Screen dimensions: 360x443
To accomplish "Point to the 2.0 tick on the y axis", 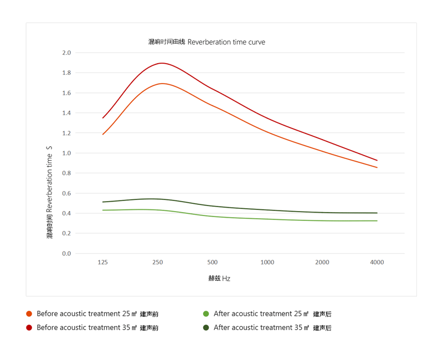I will (x=66, y=53).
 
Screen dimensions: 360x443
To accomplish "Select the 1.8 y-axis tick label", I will (x=66, y=73).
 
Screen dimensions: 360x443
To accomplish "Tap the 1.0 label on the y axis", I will (x=66, y=153).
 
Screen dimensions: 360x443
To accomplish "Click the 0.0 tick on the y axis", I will (x=66, y=254).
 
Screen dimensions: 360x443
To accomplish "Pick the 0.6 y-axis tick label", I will (x=66, y=193).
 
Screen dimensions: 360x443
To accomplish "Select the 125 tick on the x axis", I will (x=102, y=263).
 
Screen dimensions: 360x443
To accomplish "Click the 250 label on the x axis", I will (x=157, y=263).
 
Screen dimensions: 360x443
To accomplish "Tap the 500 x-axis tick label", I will (x=212, y=263).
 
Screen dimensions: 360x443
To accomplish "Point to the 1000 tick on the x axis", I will (x=267, y=263).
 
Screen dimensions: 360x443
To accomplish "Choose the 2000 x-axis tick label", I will (x=322, y=263).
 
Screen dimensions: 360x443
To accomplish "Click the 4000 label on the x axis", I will (x=377, y=263).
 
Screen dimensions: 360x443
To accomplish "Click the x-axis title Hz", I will (x=219, y=279).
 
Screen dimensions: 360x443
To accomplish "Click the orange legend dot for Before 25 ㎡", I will (x=29, y=314).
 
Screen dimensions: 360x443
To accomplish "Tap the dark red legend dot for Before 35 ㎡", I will (x=29, y=327).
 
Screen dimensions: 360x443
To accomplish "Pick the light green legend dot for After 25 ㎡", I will (x=206, y=314).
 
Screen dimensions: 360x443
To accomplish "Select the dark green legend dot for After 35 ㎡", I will (x=206, y=327).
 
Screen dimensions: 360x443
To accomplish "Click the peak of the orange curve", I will (x=162, y=84).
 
